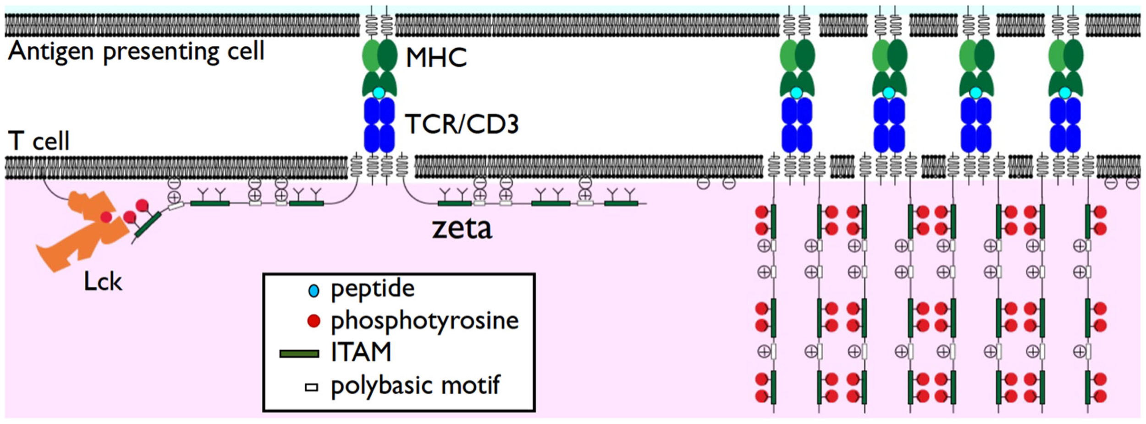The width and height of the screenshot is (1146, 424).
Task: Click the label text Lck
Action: click(x=103, y=281)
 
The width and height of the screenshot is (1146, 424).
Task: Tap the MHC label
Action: click(x=436, y=58)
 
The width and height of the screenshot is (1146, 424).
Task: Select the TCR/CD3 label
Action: click(x=461, y=124)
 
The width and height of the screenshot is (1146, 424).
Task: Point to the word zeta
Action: click(x=462, y=229)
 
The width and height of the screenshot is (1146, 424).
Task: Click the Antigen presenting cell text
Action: click(x=136, y=50)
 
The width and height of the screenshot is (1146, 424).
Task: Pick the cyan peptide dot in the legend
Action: click(x=314, y=290)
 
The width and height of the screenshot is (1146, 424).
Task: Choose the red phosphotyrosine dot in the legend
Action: click(x=314, y=321)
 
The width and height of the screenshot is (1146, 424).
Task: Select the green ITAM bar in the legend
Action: click(x=299, y=353)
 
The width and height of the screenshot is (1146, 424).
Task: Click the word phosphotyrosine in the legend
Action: click(x=424, y=321)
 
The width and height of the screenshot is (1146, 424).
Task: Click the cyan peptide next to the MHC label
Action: click(x=379, y=93)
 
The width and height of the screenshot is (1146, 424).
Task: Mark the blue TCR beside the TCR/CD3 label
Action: click(x=379, y=125)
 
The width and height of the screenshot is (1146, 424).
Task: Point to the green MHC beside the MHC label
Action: click(x=380, y=64)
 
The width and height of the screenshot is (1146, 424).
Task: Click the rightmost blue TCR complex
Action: click(x=1065, y=125)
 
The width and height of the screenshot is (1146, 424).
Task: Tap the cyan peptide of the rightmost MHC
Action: click(x=1065, y=93)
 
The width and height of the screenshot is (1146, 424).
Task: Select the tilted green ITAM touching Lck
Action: click(x=148, y=224)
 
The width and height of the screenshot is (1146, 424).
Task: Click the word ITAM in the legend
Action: click(x=361, y=352)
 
